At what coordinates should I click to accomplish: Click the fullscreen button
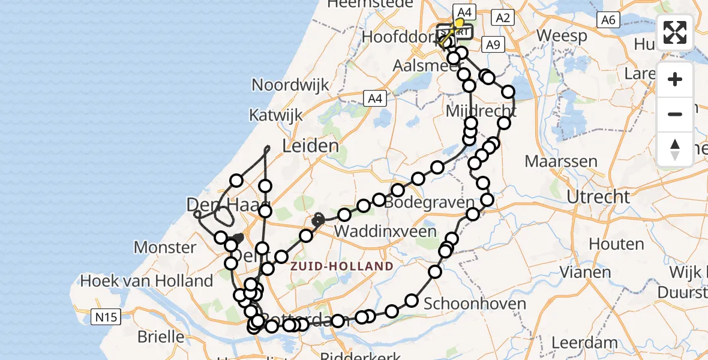675,32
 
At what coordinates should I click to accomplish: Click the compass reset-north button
675,149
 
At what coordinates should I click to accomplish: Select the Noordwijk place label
290,85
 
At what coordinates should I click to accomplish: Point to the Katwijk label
277,114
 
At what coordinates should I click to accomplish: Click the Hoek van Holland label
146,280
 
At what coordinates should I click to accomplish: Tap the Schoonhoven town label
475,304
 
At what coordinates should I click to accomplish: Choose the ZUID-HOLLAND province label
342,266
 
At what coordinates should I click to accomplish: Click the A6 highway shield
608,20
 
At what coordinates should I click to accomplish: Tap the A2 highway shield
503,18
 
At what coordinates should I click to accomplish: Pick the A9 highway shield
492,44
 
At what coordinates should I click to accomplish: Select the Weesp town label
562,35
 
